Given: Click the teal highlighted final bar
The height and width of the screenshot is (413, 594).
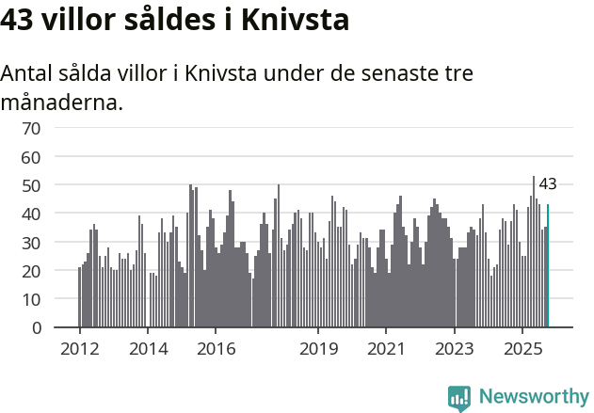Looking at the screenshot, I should coord(548,266).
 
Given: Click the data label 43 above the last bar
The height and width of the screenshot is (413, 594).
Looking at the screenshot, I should coord(548,184).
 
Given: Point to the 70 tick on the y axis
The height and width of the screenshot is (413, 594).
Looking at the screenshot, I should coord(31,128).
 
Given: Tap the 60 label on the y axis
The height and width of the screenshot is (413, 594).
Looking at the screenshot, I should coord(31,156).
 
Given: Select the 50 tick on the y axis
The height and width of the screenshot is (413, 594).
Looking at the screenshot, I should coord(31,185).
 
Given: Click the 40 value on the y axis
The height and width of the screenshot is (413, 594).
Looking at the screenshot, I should coord(31,214).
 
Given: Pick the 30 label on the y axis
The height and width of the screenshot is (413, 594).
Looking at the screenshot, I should coord(31,243).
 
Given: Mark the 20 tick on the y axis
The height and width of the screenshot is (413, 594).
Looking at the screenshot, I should coord(31,271).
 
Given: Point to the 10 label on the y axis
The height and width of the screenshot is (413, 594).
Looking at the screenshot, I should coord(31,299).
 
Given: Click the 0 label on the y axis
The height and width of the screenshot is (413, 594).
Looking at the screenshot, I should coord(36,328).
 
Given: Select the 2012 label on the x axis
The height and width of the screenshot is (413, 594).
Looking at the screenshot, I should coord(79,348).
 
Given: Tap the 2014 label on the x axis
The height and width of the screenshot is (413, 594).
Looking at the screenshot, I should coord(147,348).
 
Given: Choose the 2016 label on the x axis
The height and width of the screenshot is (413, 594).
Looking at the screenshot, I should coord(216,348).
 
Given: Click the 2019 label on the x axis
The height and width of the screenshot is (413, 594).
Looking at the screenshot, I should coord(318,348).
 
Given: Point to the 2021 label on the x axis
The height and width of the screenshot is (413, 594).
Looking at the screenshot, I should coord(386,348).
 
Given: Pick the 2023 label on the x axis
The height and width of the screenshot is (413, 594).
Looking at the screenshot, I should coord(455,348).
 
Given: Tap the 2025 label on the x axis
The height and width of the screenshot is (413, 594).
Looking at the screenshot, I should coord(523,348).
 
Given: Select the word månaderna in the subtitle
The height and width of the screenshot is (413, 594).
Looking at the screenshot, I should coord(62,102).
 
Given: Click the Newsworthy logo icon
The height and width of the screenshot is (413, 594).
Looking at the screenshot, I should coord(459,398).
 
